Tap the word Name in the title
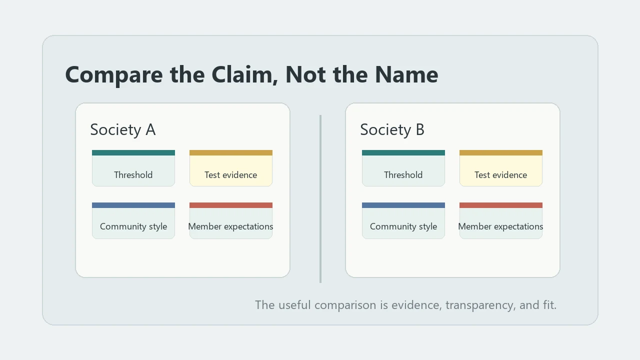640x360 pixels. pyautogui.click(x=406, y=74)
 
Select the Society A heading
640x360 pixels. pyautogui.click(x=123, y=129)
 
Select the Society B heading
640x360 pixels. pyautogui.click(x=392, y=129)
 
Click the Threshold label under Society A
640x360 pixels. pyautogui.click(x=133, y=175)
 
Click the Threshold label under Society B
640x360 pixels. pyautogui.click(x=403, y=175)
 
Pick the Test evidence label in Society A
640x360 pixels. pyautogui.click(x=231, y=175)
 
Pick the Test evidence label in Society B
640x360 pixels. pyautogui.click(x=501, y=175)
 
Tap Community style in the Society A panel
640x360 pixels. pyautogui.click(x=133, y=226)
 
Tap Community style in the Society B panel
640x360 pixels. pyautogui.click(x=403, y=226)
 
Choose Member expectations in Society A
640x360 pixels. pyautogui.click(x=231, y=226)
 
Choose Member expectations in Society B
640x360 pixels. pyautogui.click(x=501, y=226)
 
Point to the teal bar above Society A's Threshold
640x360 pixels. pyautogui.click(x=133, y=153)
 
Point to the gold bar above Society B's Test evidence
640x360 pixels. pyautogui.click(x=501, y=153)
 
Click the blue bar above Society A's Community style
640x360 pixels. pyautogui.click(x=133, y=205)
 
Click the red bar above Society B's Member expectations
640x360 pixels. pyautogui.click(x=501, y=205)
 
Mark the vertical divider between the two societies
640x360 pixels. pyautogui.click(x=320, y=199)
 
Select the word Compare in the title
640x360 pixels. pyautogui.click(x=114, y=75)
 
